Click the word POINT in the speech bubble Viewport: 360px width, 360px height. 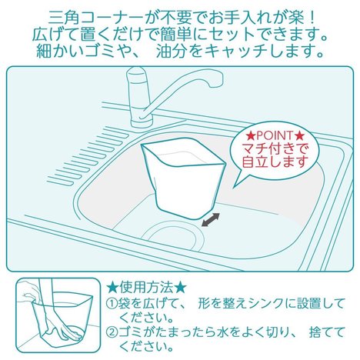tap(275, 136)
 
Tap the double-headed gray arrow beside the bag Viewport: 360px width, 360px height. tap(211, 219)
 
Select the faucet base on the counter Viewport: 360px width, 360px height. tap(142, 121)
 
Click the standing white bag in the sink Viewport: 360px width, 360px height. tap(182, 179)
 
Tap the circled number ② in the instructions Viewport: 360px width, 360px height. tap(112, 333)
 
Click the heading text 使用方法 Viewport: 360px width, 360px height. tap(146, 288)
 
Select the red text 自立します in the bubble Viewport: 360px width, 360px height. tap(275, 162)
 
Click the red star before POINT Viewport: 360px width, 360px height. tap(252, 135)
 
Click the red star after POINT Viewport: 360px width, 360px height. tap(299, 135)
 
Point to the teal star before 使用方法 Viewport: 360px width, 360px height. tap(112, 288)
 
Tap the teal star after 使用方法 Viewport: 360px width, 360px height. tap(180, 288)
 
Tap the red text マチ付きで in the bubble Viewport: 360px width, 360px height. tap(275, 148)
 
